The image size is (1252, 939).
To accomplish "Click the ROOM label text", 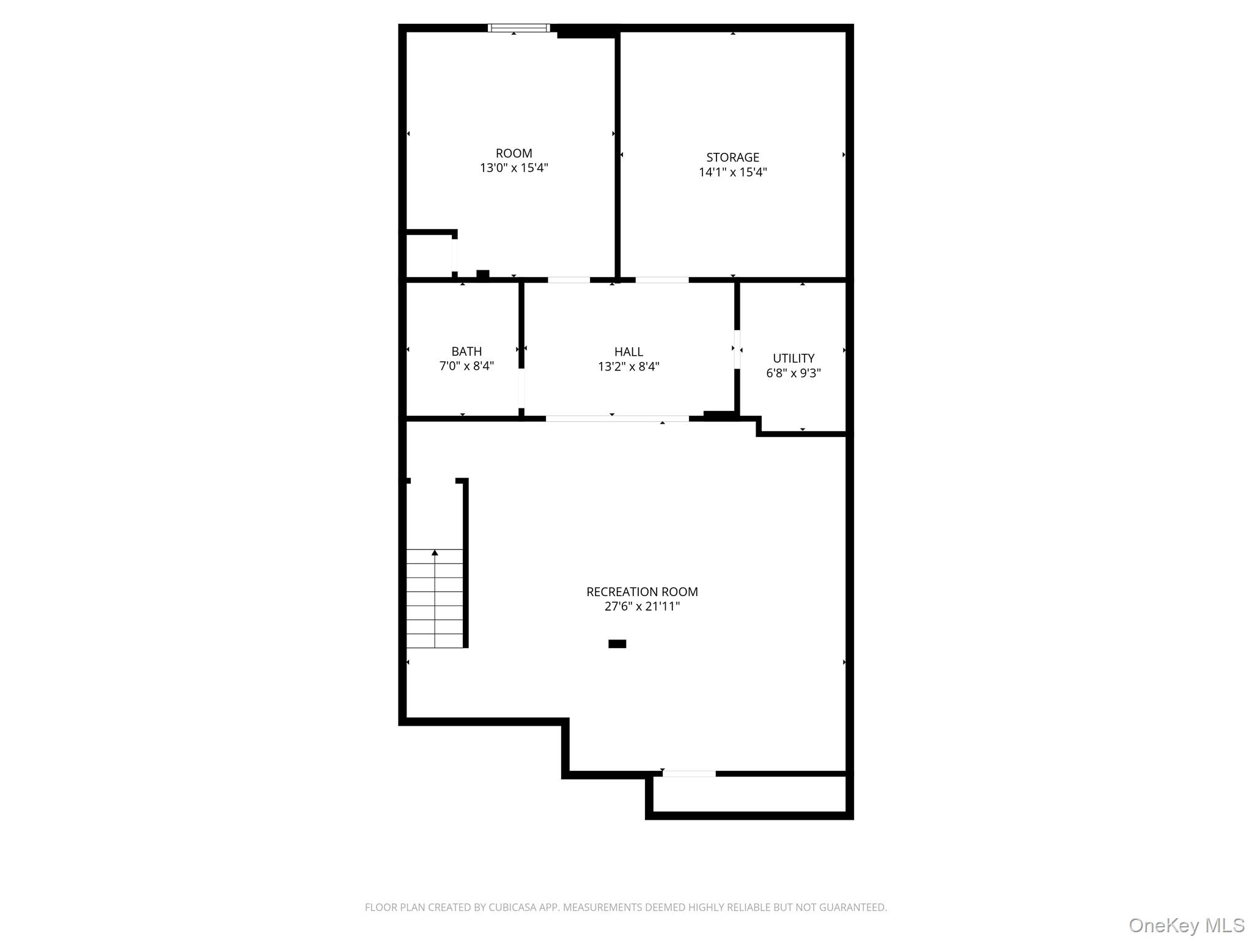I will (514, 153).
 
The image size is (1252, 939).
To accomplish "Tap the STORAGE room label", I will (732, 157).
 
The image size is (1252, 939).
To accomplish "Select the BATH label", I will (466, 352).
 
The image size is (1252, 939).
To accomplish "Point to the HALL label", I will (628, 352).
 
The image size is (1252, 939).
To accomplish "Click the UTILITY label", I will (794, 358).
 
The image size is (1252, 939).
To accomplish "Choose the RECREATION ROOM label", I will (642, 592).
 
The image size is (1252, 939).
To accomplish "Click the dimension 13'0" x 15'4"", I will (514, 168).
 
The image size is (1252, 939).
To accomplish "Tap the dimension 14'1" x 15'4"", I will (732, 172).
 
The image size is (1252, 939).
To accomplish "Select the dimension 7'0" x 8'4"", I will (466, 366).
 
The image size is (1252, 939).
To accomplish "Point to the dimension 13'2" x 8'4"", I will (628, 367).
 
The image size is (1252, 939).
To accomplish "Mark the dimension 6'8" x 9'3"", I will (794, 373).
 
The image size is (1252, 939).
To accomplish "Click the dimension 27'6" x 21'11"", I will (642, 606).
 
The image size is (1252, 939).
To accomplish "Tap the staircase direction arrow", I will (435, 553).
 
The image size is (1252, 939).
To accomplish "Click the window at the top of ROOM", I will (518, 28).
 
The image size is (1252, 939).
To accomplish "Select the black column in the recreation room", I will (617, 644).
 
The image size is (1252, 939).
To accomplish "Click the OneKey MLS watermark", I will (1186, 925).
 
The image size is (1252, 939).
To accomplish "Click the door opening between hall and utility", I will (737, 350).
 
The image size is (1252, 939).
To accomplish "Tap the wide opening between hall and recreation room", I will (617, 419).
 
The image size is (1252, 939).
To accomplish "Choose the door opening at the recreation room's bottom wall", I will (688, 774).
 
